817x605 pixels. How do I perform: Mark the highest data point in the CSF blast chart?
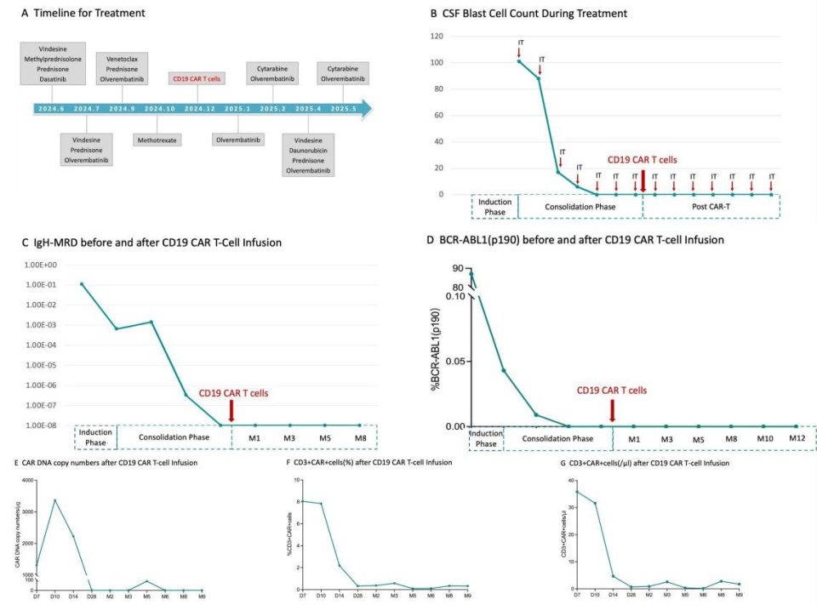click(519, 60)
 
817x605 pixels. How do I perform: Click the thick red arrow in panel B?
click(643, 180)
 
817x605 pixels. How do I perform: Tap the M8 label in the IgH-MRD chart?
click(357, 438)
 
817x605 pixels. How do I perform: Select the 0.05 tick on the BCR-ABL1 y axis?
click(454, 361)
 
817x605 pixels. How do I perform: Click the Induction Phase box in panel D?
click(487, 439)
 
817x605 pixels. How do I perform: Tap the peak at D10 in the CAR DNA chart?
click(55, 500)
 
